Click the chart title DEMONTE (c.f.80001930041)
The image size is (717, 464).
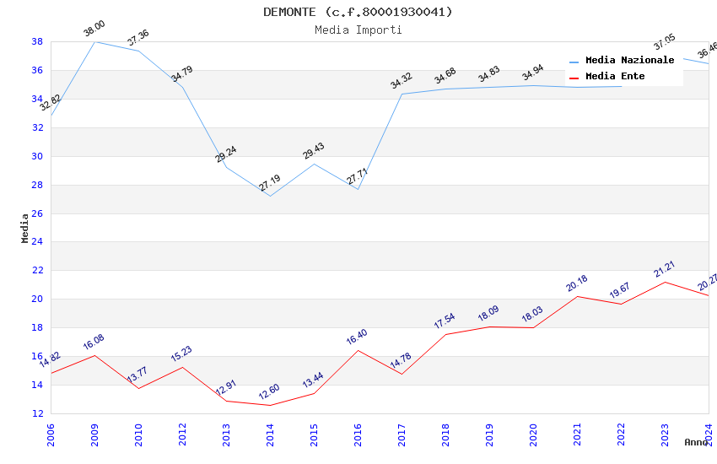pos(358,12)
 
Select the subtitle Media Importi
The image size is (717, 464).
pos(358,30)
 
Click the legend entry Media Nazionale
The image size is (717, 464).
pos(629,60)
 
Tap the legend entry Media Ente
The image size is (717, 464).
pos(615,76)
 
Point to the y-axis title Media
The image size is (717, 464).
pos(25,228)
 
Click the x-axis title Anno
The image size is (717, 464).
pos(696,442)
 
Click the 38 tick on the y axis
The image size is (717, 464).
pos(38,41)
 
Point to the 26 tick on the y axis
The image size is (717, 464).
pos(38,213)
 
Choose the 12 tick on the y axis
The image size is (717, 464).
pos(38,413)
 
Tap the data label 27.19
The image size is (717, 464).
pos(270,183)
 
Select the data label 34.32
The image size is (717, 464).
pos(402,81)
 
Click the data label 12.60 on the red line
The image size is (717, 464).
pos(270,392)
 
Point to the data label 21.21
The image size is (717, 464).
pos(665,269)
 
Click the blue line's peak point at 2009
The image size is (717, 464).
pos(94,41)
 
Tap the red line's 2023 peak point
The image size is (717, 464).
pos(665,282)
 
